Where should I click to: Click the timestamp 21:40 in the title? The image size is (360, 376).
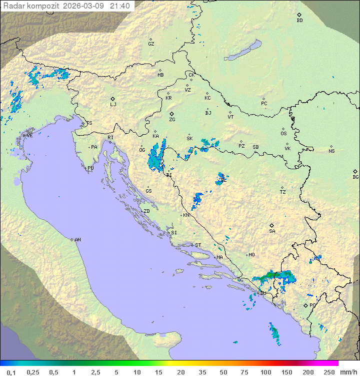tap(119, 6)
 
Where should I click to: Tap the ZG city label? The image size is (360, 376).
tap(172, 120)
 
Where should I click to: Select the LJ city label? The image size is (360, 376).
tap(113, 105)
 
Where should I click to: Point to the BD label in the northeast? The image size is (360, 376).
tap(299, 21)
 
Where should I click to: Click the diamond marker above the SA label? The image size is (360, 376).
tap(272, 225)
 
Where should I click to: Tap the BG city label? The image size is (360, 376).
tap(355, 177)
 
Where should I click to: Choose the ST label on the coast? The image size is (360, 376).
tap(198, 245)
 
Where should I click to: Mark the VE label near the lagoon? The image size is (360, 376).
tap(29, 136)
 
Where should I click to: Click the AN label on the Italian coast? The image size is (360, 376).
tap(77, 240)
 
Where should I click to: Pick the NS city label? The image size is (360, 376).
tap(331, 151)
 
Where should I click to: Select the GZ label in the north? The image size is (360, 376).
tap(151, 44)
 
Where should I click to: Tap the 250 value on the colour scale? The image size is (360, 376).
tap(328, 372)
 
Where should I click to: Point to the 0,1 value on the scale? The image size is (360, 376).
tap(11, 372)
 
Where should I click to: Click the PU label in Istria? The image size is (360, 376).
tap(90, 168)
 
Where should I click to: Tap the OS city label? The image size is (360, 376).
tap(283, 134)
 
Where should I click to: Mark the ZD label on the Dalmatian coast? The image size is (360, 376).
tap(146, 211)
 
